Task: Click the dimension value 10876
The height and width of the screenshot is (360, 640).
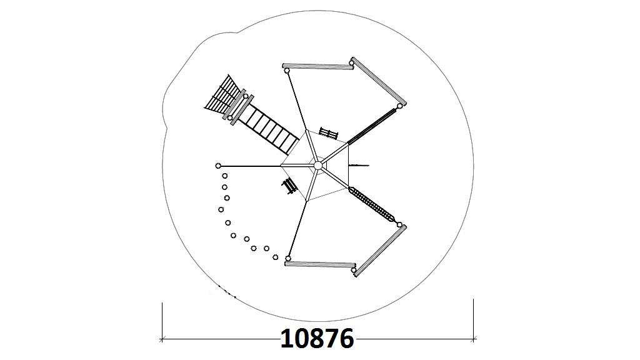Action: click(317, 338)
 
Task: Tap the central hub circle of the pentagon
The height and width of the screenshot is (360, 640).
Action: click(318, 165)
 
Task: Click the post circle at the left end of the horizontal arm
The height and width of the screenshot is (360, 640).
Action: click(218, 166)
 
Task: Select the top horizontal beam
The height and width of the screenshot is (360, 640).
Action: click(318, 66)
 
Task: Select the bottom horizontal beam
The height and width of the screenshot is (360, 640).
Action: click(320, 264)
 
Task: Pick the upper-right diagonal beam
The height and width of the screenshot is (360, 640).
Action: click(377, 82)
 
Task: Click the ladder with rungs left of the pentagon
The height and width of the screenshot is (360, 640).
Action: click(269, 127)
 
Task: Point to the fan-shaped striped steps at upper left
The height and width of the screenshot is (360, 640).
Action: click(222, 96)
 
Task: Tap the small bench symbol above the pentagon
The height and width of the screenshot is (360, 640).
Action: click(329, 134)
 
